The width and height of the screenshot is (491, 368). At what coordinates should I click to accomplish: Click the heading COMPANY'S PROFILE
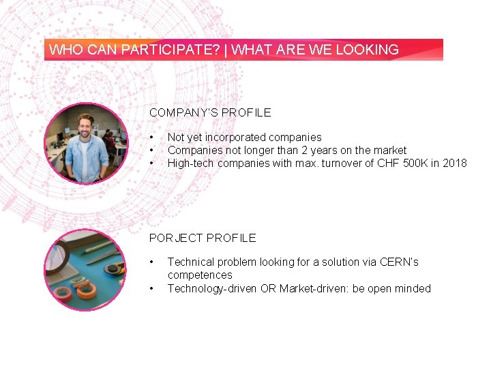click(210, 112)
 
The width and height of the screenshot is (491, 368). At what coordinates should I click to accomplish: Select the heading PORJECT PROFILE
click(203, 238)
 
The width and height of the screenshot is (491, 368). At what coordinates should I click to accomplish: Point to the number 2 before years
click(304, 150)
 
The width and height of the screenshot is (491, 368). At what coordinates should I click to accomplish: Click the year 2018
click(455, 163)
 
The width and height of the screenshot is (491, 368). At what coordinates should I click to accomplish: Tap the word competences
click(200, 275)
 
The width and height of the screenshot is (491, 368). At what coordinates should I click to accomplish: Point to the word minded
click(413, 288)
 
